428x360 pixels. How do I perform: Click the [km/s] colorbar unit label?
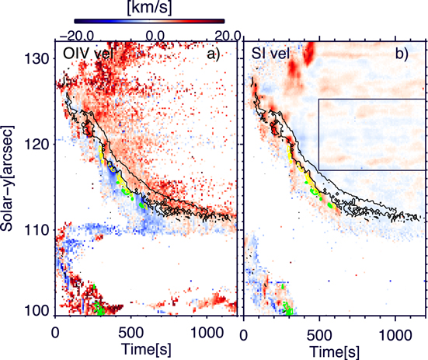[153, 7]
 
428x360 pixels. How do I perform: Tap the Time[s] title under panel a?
[140, 348]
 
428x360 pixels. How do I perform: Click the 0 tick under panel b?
[245, 330]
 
